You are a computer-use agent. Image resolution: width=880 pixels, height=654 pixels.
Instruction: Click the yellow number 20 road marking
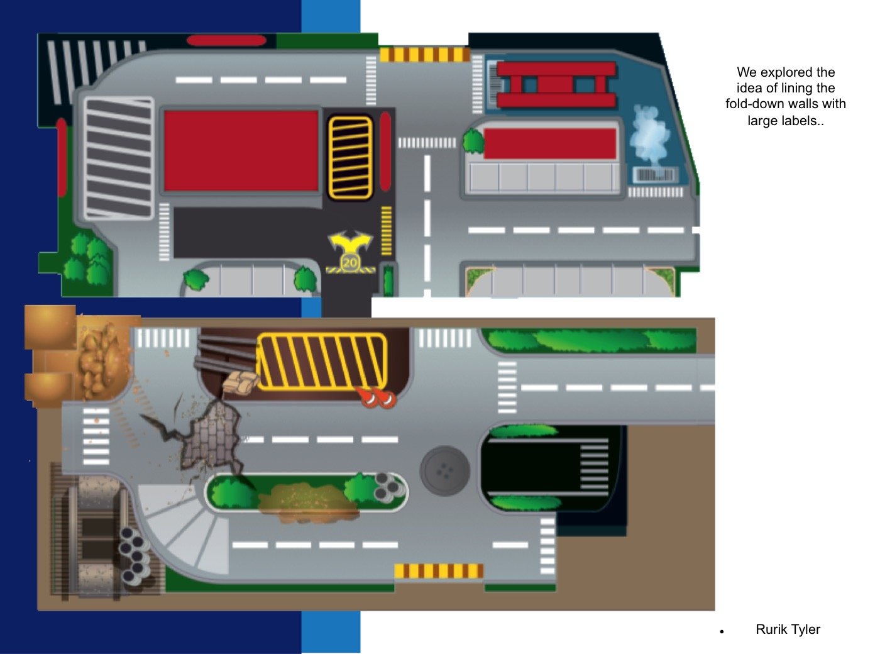coord(350,262)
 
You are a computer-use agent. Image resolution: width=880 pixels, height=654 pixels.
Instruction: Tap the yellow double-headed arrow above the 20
coord(350,241)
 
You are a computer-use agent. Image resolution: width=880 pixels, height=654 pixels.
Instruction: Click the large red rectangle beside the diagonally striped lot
coord(241,151)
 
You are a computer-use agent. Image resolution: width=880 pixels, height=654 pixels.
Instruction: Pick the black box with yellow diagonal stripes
coord(350,157)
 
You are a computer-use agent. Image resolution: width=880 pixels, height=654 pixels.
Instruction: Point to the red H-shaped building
coord(556,84)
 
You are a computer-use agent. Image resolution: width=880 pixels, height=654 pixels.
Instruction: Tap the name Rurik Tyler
coord(788,629)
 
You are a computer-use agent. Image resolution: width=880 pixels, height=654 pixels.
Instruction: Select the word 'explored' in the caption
coord(786,72)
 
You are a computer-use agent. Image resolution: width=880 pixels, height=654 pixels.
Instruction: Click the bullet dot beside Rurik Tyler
coord(723,631)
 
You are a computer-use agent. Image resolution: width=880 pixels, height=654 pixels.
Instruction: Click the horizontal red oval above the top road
coord(227,41)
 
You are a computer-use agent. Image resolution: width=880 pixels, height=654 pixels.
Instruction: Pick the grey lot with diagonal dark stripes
coord(119,158)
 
